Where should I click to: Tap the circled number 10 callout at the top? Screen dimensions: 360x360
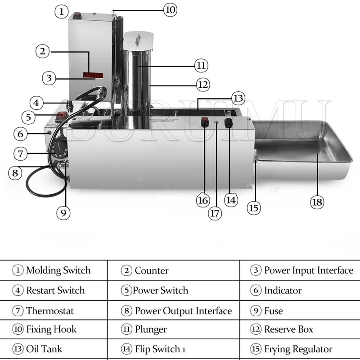click(170, 9)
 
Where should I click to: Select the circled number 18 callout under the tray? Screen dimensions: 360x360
click(317, 202)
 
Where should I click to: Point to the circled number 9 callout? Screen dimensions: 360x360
click(63, 212)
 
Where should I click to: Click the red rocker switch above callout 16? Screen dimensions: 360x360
click(205, 122)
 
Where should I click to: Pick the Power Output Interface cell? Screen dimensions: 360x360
click(183, 311)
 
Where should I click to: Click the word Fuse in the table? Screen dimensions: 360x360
click(273, 311)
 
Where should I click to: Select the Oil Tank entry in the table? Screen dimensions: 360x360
click(44, 349)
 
